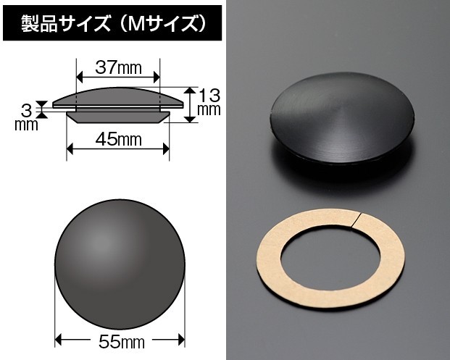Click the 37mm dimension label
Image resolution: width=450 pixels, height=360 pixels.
118,68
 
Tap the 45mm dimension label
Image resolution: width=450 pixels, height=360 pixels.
119,140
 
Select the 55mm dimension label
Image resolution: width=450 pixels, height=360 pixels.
122,341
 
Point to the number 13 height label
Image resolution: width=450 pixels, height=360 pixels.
209,96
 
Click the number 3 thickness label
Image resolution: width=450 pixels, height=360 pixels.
26,111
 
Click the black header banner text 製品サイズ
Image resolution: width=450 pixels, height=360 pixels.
66,23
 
